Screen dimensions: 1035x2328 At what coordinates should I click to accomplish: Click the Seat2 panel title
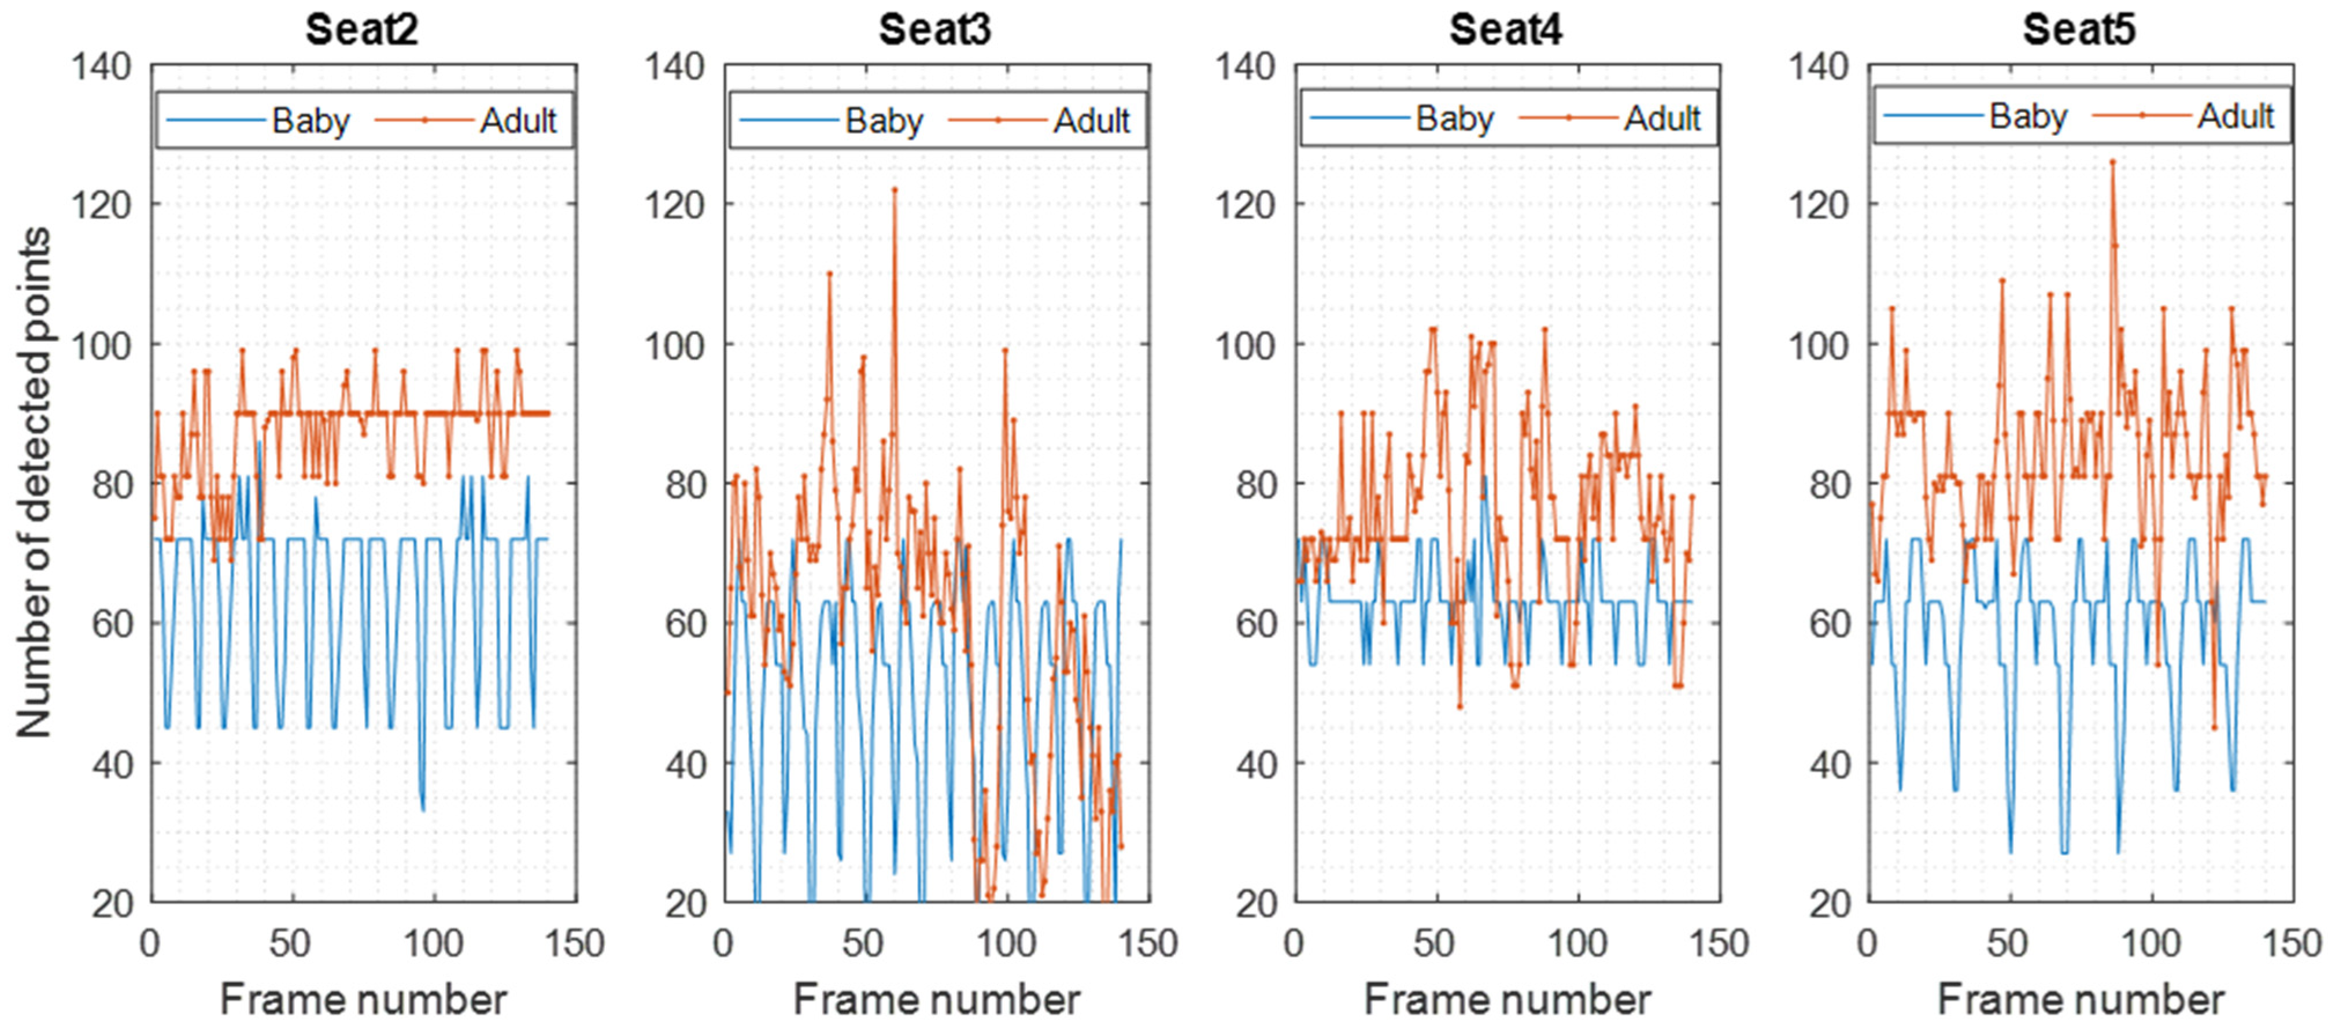point(361,30)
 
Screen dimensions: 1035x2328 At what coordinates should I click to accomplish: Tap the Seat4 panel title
point(1506,30)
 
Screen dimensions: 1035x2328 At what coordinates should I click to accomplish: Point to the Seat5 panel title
point(2079,30)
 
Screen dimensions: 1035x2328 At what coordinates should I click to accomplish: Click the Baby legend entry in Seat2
point(310,120)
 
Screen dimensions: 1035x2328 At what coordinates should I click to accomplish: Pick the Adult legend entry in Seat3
point(1091,120)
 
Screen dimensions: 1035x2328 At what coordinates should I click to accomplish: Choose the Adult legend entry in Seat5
point(2235,117)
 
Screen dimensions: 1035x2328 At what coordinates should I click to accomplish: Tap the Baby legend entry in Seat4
point(1454,119)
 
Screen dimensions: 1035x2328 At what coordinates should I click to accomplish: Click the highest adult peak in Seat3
point(895,190)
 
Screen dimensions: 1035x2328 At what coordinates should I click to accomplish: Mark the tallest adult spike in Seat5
point(2112,162)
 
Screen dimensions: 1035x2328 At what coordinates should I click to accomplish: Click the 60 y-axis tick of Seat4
point(1255,624)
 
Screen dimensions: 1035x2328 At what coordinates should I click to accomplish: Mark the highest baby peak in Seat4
point(1484,476)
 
